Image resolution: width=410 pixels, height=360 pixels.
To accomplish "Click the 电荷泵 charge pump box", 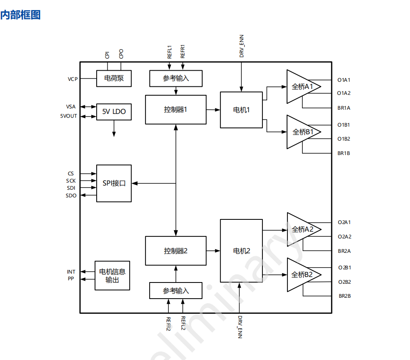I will click(x=114, y=78).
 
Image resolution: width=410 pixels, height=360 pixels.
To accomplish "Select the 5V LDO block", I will click(x=114, y=112).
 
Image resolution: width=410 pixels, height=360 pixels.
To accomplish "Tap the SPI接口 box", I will click(x=114, y=183).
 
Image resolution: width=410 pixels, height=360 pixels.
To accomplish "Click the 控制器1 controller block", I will click(x=176, y=109).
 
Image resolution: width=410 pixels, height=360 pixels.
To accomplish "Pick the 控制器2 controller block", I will click(x=176, y=251).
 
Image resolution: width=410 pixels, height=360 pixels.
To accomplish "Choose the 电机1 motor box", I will click(x=241, y=110).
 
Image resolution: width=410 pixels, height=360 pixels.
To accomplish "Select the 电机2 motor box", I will click(x=241, y=251).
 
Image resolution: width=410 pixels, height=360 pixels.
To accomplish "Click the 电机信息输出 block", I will click(x=112, y=275).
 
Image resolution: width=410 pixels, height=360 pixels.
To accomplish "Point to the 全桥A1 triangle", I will click(x=301, y=87).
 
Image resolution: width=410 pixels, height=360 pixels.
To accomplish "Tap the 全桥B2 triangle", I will click(x=301, y=275).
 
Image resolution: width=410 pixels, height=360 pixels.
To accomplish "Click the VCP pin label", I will click(x=73, y=79).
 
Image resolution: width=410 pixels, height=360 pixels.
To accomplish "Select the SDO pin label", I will click(x=71, y=196).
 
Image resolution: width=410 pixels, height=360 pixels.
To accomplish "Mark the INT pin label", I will click(x=71, y=272).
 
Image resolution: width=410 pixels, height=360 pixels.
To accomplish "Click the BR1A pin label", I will click(x=344, y=108).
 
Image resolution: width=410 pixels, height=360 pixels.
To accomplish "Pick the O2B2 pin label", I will click(x=344, y=282).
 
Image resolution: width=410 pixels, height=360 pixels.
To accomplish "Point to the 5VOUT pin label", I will click(x=69, y=116).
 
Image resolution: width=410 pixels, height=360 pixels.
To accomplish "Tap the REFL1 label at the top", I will click(x=170, y=52).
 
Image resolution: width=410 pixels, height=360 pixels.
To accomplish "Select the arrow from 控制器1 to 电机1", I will click(x=213, y=110).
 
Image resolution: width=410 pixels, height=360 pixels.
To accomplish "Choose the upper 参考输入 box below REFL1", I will click(x=176, y=78).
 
